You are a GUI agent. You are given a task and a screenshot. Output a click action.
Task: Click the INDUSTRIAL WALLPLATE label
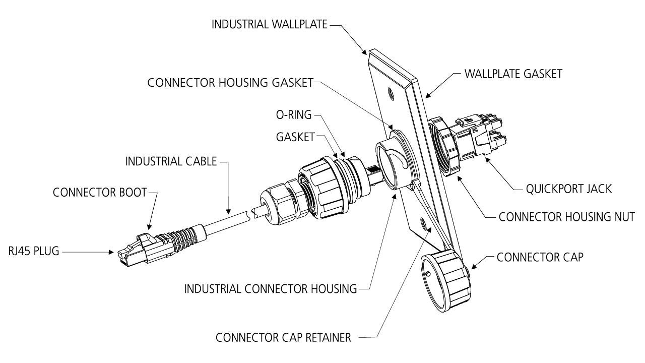point(270,24)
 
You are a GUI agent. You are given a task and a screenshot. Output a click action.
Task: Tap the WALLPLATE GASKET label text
point(513,74)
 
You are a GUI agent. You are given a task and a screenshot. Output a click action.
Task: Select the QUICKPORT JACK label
point(569,189)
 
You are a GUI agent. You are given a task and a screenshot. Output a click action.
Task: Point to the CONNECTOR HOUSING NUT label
point(566,217)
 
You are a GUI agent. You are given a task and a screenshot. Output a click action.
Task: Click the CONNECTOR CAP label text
point(540,257)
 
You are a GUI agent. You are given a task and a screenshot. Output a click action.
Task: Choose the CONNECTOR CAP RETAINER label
point(283,338)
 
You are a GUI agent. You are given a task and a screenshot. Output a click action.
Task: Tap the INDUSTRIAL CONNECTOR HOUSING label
point(271,289)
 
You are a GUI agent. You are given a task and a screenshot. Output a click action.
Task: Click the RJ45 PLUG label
point(34,251)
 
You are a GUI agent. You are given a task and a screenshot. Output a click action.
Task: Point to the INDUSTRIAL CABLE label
point(171,162)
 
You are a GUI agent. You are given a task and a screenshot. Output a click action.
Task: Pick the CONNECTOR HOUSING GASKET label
point(230,83)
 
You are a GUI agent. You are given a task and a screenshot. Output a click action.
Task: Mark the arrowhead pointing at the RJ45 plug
point(115,251)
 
